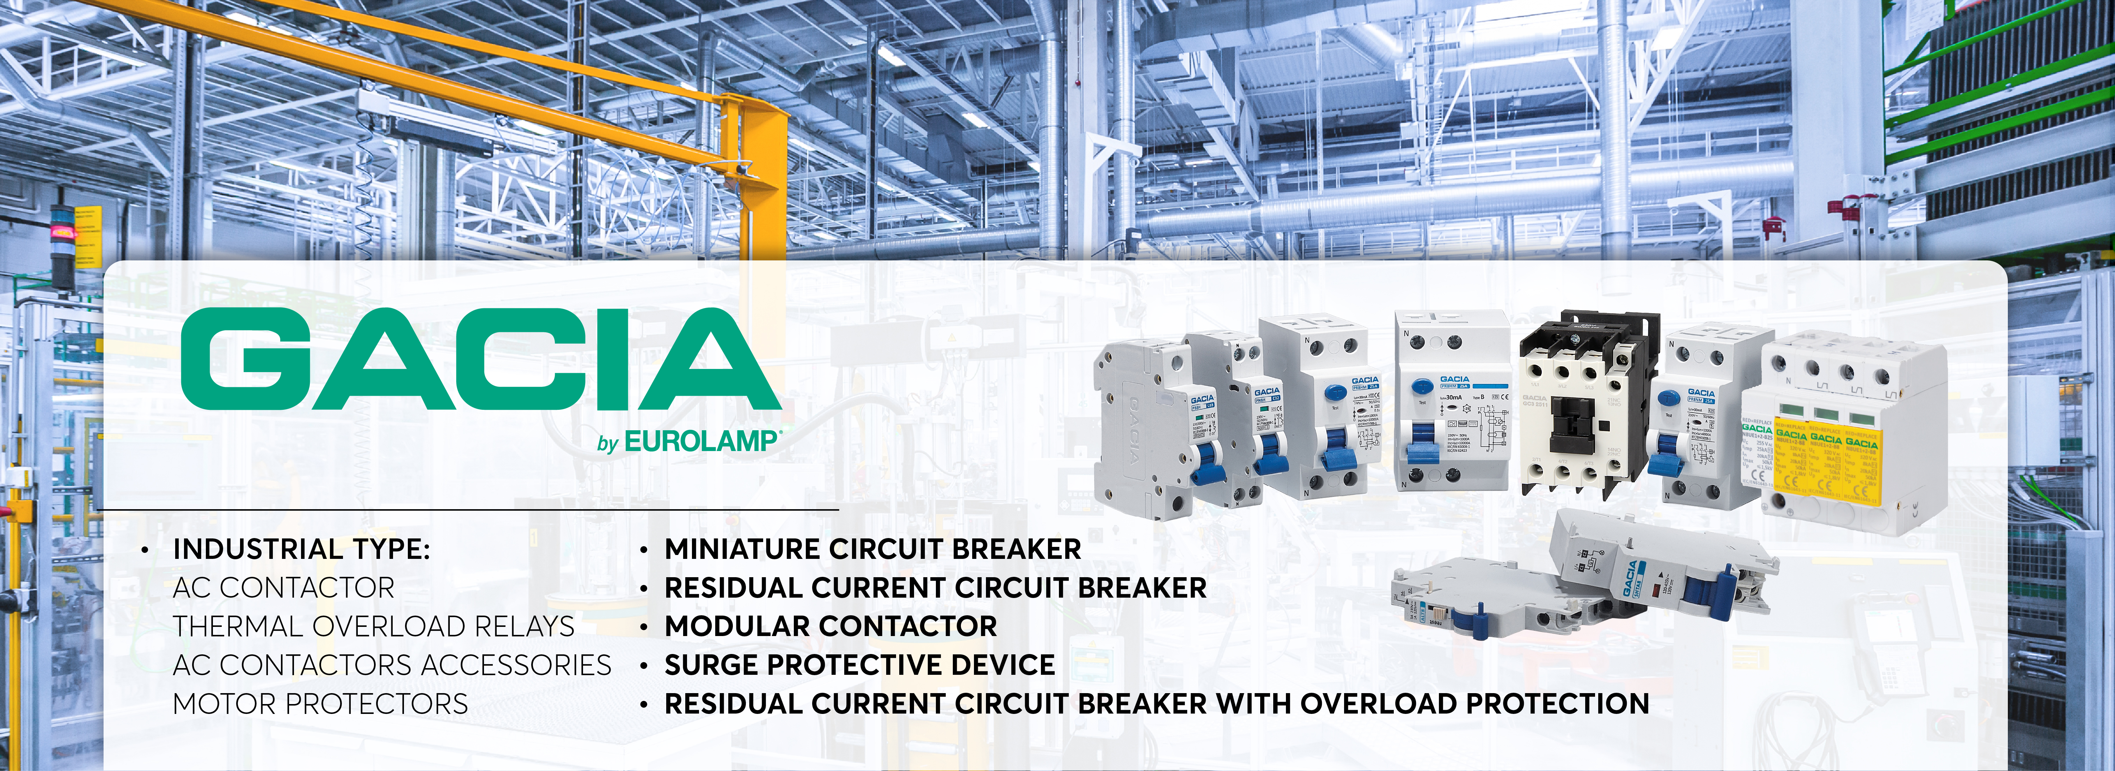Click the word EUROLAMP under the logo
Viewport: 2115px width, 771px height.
699,442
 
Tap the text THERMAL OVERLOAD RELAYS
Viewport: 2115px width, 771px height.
374,627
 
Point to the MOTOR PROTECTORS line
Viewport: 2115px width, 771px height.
320,704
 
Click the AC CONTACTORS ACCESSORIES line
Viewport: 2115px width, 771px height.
392,665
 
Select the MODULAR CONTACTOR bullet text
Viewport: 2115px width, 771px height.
830,627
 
